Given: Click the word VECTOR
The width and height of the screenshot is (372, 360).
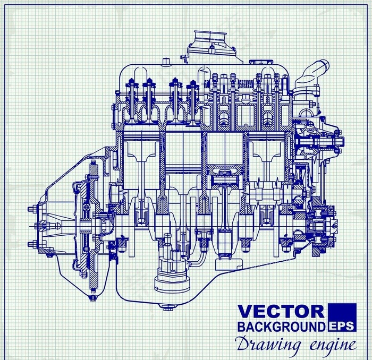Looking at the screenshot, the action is (281, 312).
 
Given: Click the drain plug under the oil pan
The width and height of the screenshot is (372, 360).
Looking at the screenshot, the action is (167, 307).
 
